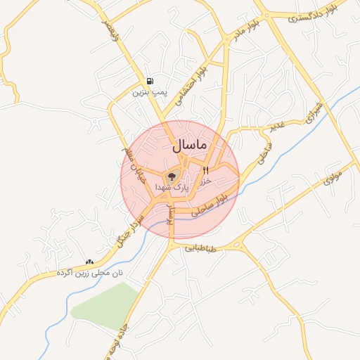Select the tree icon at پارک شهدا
[x=172, y=176]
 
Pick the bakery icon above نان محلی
[x=89, y=262]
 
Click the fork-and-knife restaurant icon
[x=206, y=170]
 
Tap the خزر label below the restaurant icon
[x=206, y=181]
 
